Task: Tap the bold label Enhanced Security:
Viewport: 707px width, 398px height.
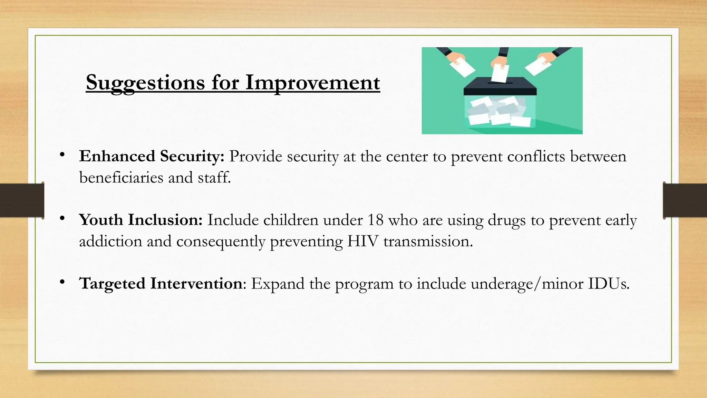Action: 152,157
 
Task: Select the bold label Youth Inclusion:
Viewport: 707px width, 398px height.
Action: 141,220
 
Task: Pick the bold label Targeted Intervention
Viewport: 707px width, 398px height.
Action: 161,284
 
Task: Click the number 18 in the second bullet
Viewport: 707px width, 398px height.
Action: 375,220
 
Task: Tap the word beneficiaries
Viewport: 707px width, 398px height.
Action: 121,178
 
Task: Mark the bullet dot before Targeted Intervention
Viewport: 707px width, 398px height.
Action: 62,282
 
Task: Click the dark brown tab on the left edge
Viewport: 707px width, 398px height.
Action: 22,200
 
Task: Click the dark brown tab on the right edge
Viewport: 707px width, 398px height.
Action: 685,200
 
